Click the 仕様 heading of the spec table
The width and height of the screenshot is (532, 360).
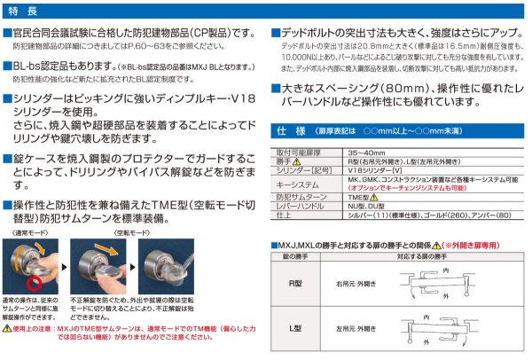[293, 129]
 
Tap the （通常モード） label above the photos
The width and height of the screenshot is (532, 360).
[30, 229]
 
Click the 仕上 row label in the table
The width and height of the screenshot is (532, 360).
[284, 214]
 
